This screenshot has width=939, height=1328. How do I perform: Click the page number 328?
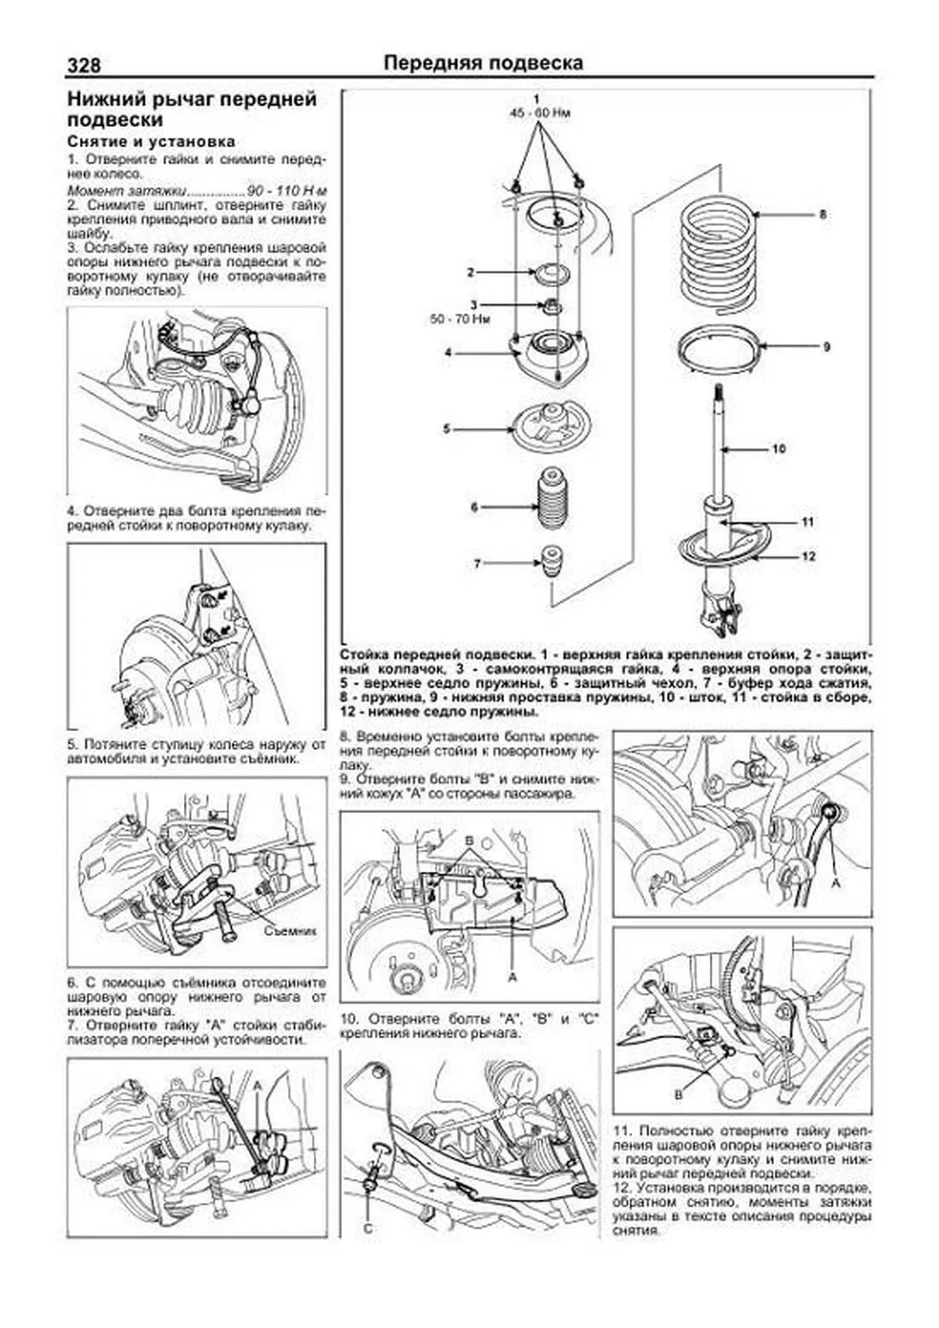(84, 65)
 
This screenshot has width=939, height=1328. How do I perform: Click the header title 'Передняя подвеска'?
(483, 63)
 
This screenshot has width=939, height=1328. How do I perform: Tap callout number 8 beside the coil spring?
(822, 214)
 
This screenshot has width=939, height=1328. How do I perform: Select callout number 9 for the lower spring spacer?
(826, 347)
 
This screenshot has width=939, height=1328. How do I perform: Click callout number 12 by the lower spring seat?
(808, 556)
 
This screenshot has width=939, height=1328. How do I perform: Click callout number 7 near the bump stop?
(477, 563)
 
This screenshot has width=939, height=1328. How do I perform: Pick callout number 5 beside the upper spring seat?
(446, 429)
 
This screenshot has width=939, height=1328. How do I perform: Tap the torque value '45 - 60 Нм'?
(540, 113)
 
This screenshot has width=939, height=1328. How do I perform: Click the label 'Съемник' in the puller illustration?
(289, 931)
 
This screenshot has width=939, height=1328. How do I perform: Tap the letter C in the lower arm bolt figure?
(368, 1229)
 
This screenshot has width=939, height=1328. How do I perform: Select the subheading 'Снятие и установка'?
(151, 142)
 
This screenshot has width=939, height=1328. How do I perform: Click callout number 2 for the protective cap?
(470, 272)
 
